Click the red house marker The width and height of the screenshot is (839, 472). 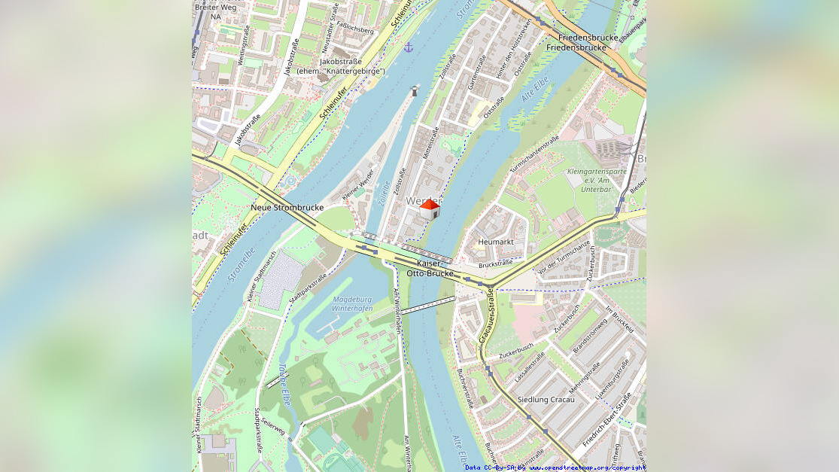tap(430, 209)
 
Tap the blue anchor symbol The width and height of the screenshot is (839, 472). tap(409, 47)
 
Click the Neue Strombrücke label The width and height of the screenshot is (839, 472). tap(287, 207)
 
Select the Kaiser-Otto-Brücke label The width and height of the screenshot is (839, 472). tap(430, 268)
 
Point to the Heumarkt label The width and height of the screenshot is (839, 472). tap(496, 242)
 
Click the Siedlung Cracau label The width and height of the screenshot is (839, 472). tap(546, 400)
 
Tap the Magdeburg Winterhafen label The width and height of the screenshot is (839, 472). tap(352, 303)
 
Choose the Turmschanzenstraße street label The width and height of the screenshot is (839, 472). tap(534, 154)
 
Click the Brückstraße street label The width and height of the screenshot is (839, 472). tap(496, 263)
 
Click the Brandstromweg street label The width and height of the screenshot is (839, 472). tap(590, 336)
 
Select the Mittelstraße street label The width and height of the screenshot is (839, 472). tap(433, 142)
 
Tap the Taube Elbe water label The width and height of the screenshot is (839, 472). tap(284, 385)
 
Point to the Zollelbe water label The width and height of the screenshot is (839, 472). tap(384, 193)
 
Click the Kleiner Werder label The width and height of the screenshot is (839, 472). tap(358, 184)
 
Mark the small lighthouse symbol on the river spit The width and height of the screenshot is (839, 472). tap(415, 91)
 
